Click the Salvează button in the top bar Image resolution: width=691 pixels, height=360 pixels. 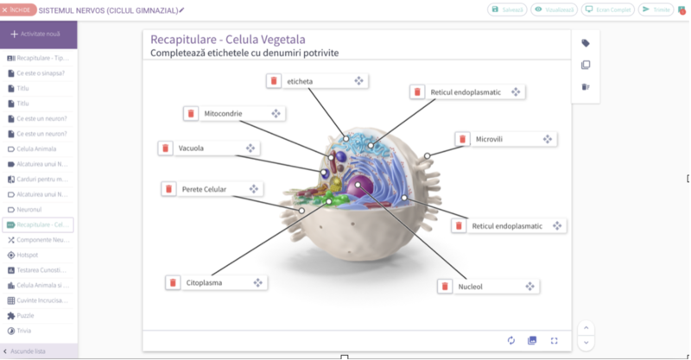[x=507, y=9]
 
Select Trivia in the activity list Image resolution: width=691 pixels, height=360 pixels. [x=25, y=331]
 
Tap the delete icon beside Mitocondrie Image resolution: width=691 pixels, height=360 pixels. [x=191, y=114]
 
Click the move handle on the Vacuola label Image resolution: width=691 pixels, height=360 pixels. [x=250, y=148]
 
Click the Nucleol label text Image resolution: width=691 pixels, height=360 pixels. [x=471, y=287]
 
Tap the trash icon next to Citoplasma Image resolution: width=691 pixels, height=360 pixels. [x=173, y=282]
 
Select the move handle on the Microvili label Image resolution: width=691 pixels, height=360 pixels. [x=548, y=139]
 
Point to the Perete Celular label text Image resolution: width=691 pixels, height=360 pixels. [x=204, y=189]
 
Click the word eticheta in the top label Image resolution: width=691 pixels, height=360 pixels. [x=301, y=81]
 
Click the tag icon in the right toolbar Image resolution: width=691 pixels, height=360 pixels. [x=585, y=43]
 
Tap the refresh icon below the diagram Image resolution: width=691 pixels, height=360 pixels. [x=511, y=340]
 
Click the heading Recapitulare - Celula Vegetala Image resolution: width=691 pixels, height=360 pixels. [x=227, y=40]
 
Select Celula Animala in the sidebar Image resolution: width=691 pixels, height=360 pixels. [x=36, y=148]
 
